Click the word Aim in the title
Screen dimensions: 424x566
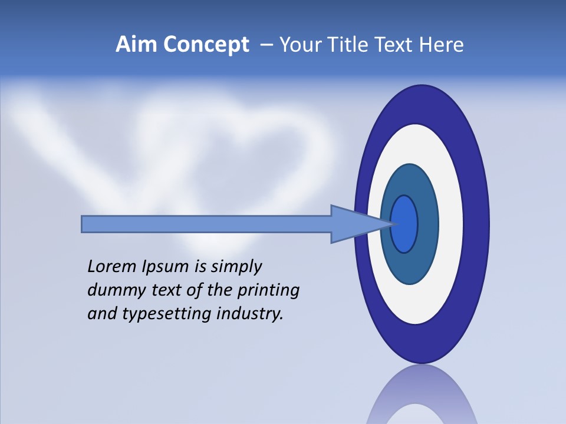pyautogui.click(x=137, y=45)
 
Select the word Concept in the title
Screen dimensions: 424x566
pyautogui.click(x=206, y=45)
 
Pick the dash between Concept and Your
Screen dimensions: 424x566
pyautogui.click(x=266, y=45)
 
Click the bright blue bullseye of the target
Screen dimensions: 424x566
pyautogui.click(x=404, y=224)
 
